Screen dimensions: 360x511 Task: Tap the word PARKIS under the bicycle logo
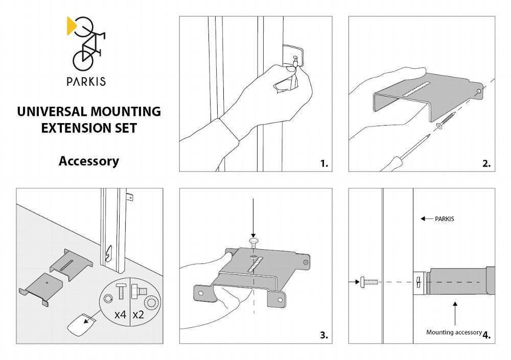pyautogui.click(x=86, y=81)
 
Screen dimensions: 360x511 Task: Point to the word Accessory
pyautogui.click(x=88, y=161)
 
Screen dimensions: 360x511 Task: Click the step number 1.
pyautogui.click(x=324, y=163)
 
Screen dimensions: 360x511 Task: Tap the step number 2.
pyautogui.click(x=486, y=163)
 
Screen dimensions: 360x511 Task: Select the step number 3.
pyautogui.click(x=324, y=335)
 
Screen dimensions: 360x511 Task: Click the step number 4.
pyautogui.click(x=486, y=335)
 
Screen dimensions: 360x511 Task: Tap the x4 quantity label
pyautogui.click(x=120, y=314)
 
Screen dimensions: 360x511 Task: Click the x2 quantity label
pyautogui.click(x=138, y=314)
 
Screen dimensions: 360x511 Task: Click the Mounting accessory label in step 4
pyautogui.click(x=454, y=332)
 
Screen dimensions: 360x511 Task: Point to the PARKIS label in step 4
pyautogui.click(x=444, y=219)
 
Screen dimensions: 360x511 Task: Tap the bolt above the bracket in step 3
pyautogui.click(x=253, y=241)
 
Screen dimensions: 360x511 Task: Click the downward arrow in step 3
pyautogui.click(x=253, y=217)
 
